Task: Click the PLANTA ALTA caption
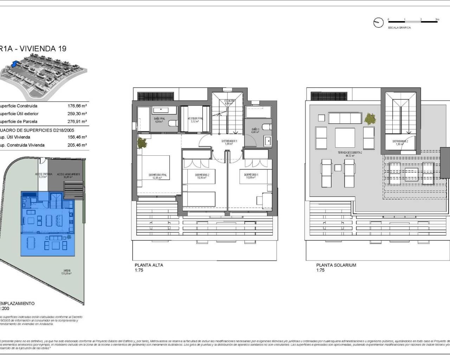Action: coord(149,265)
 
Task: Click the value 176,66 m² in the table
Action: coord(77,106)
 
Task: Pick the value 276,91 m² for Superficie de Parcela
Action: coord(77,122)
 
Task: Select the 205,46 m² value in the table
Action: coord(77,145)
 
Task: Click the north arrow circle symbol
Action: coord(378,22)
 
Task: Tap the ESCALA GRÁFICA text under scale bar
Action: coord(399,27)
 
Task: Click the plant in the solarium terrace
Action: coord(370,119)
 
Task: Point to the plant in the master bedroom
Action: coord(142,143)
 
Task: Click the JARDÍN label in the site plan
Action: coord(67,272)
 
